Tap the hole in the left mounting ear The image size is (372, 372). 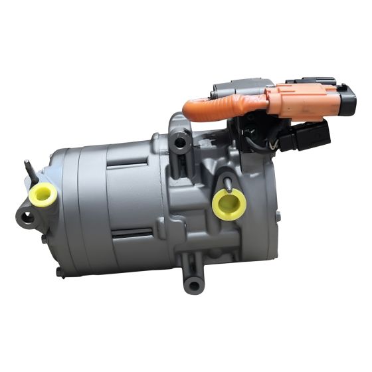click(x=27, y=218)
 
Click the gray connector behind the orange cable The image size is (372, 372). click(x=232, y=90)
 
